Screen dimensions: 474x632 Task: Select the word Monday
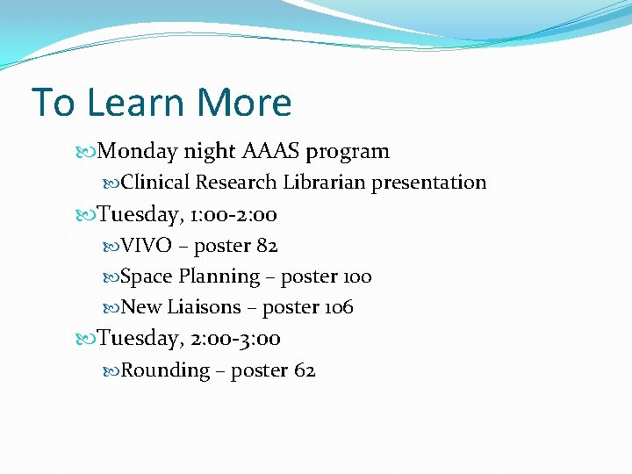138,152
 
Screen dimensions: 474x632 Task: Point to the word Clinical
155,183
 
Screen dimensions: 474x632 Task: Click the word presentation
429,183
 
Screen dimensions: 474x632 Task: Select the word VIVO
146,246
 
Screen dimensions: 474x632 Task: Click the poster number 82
267,246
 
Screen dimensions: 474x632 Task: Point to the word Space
147,277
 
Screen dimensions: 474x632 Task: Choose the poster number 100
355,277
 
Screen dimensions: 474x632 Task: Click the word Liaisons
204,307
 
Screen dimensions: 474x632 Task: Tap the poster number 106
339,307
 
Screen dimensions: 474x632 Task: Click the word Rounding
165,371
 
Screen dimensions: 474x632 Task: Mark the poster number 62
305,370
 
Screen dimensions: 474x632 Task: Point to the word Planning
219,277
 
